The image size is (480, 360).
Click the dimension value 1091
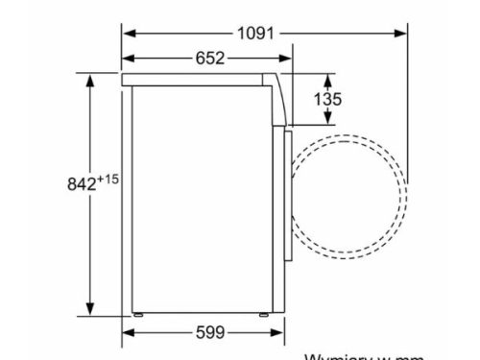(x=257, y=32)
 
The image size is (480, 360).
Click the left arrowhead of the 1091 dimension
(x=129, y=32)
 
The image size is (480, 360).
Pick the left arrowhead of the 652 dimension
(x=129, y=59)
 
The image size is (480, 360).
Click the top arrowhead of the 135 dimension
(x=328, y=78)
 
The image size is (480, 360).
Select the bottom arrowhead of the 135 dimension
(x=328, y=120)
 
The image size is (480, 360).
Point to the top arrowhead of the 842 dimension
(x=90, y=78)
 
